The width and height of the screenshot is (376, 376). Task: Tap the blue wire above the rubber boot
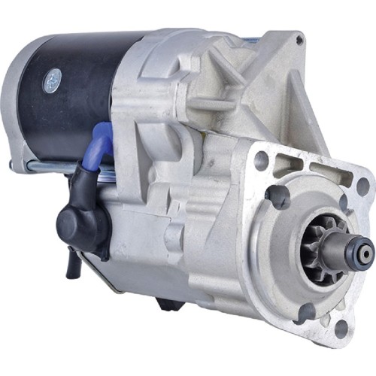click(103, 143)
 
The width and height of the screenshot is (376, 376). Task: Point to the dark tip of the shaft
click(365, 255)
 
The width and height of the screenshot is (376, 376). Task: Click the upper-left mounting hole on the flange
click(261, 160)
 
